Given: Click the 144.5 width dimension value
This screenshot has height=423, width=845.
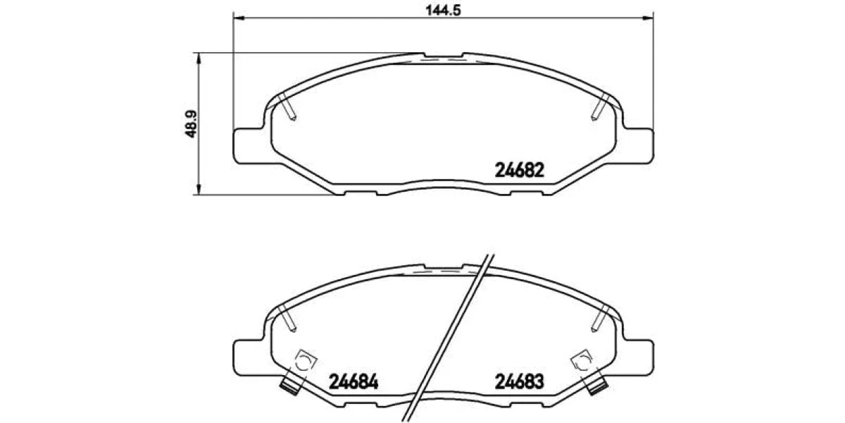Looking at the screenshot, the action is pos(443,10).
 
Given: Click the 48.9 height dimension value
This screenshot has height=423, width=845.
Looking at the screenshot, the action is pos(192,124).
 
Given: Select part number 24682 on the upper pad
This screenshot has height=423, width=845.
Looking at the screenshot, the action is pos(519,171).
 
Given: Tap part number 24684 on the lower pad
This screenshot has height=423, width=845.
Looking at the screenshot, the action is pos(353,382).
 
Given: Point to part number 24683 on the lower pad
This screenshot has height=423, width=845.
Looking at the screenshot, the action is pos(519,382).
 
